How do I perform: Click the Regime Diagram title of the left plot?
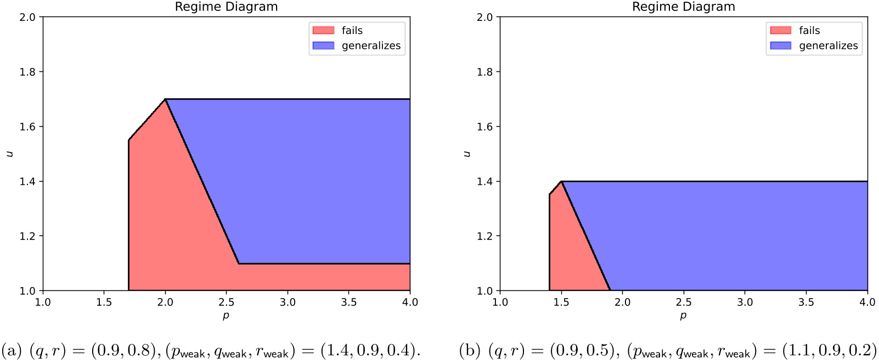click(226, 7)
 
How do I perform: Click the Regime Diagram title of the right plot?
click(683, 7)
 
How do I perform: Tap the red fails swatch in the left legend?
click(323, 30)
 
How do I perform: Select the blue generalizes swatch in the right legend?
click(780, 46)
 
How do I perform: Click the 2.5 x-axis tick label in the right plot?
click(683, 302)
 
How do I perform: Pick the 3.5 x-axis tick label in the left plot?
click(348, 302)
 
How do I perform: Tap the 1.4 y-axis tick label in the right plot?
click(484, 182)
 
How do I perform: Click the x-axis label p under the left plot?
click(226, 316)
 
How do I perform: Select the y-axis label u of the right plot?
click(467, 154)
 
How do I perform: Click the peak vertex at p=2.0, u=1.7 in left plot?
click(165, 99)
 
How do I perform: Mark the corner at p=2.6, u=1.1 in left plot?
click(239, 263)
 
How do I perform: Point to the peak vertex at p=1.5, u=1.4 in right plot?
click(561, 182)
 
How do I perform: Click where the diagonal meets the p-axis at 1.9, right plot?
click(610, 290)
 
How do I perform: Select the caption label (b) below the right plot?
click(470, 350)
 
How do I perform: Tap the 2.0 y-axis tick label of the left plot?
click(27, 17)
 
